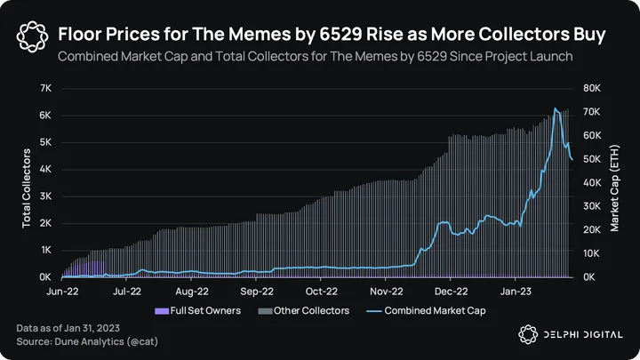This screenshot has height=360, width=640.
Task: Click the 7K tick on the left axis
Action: point(44,88)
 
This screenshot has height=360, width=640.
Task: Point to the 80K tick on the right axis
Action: point(593,88)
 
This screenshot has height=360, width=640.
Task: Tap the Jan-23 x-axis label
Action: point(516,290)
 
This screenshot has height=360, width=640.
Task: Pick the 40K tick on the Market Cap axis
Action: point(593,182)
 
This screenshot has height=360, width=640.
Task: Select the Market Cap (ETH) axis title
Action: point(614,183)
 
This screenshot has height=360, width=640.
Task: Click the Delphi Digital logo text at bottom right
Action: point(584,333)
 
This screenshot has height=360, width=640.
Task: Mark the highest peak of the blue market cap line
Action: point(556,109)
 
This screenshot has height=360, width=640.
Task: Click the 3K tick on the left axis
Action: point(44,196)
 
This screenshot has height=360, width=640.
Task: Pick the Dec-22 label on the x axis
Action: point(452,290)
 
